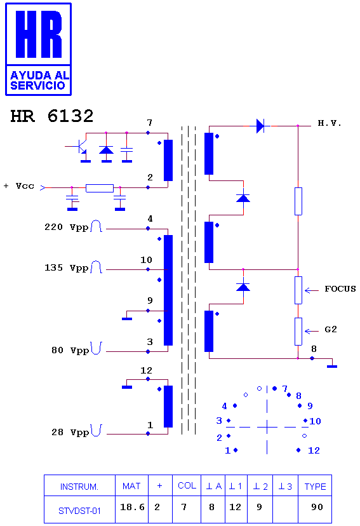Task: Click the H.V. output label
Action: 329,123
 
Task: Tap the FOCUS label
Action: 340,289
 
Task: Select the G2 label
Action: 331,330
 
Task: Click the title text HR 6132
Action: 52,116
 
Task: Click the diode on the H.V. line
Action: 261,126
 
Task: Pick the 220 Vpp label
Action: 67,227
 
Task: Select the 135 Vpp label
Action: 67,268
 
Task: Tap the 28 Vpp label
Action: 70,432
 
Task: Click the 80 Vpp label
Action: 70,351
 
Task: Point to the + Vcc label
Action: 19,186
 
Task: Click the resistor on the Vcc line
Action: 100,188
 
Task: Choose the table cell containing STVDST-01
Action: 79,509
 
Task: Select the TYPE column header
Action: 315,487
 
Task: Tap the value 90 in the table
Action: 317,507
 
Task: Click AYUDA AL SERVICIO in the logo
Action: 39,81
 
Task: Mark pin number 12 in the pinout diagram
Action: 314,450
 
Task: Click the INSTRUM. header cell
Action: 79,485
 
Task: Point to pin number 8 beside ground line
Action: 314,349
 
